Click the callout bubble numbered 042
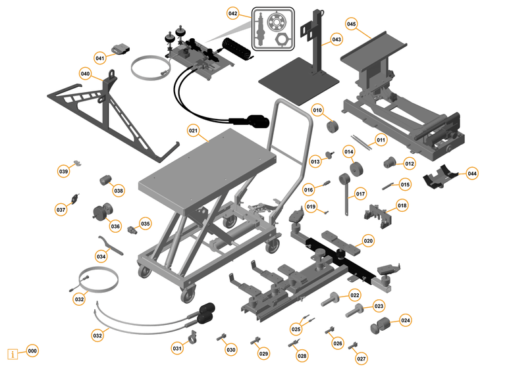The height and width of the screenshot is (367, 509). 233,13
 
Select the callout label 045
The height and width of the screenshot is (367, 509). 351,24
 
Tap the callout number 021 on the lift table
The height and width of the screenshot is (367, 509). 193,130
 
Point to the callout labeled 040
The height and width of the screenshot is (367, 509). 85,73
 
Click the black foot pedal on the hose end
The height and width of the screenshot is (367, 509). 254,121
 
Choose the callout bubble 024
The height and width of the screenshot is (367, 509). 406,321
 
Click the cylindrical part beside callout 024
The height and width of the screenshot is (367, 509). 382,325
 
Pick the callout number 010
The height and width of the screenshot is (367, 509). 317,110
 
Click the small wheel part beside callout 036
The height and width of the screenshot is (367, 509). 100,212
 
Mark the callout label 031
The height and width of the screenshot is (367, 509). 176,348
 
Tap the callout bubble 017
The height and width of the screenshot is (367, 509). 360,194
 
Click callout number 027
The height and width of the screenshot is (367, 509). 362,358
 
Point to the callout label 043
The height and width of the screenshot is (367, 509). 336,39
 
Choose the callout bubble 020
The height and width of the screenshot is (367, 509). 368,241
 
